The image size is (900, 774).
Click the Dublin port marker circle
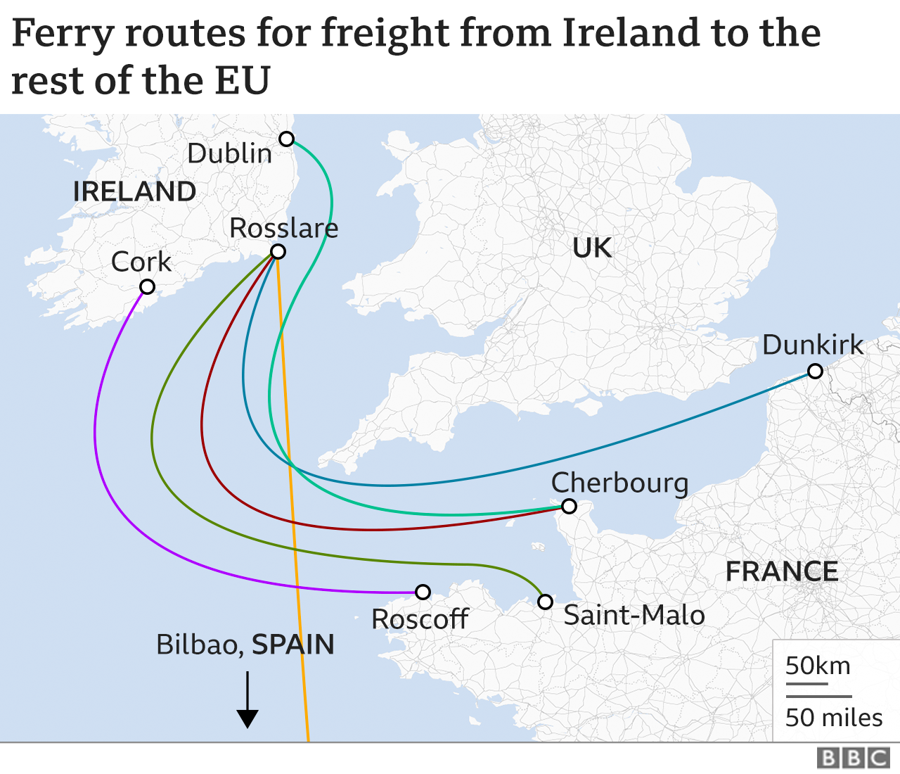pos(286,139)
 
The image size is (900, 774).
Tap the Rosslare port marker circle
pos(278,252)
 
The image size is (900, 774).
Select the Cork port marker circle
pos(147,286)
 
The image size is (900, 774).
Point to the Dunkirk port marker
pos(815,371)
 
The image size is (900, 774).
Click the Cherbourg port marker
pos(569,506)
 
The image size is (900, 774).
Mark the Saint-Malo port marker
pos(545,602)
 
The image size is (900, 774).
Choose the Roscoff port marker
pos(423,592)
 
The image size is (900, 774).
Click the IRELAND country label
pos(134,191)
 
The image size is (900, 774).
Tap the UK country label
pos(591,248)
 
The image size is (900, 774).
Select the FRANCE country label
pos(781,571)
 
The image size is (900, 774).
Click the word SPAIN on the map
pos(293,645)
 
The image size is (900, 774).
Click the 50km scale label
pos(818,666)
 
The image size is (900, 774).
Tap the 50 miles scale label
pos(833,717)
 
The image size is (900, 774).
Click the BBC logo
pos(854,758)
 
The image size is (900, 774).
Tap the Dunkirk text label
pos(812,345)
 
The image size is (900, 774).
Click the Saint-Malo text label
pos(634,615)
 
